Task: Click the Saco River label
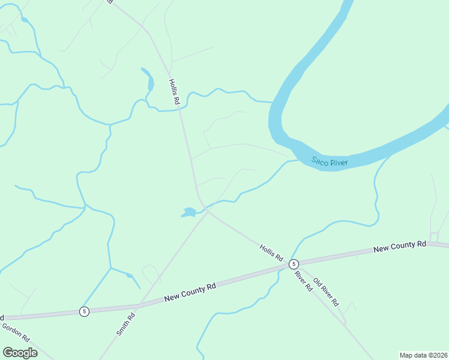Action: click(330, 161)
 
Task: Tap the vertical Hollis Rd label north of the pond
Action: click(175, 92)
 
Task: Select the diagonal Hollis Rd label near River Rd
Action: click(271, 251)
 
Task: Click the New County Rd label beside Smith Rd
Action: click(190, 293)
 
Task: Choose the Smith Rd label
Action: click(127, 323)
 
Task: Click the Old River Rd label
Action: click(326, 293)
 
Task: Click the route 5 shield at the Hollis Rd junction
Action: click(294, 264)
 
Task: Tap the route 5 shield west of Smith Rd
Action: click(84, 311)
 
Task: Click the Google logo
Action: click(20, 353)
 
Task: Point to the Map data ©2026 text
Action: click(423, 355)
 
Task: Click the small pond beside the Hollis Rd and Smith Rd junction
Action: click(188, 212)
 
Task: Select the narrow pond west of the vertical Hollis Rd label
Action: click(147, 79)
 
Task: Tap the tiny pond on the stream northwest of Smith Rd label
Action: click(129, 275)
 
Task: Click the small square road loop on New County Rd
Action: click(434, 236)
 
